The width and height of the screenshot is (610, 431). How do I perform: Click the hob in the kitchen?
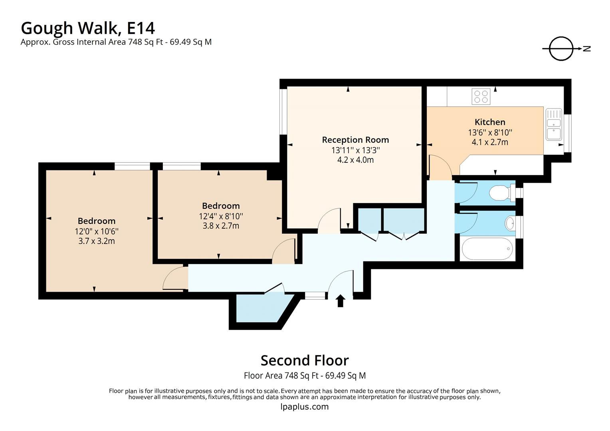tap(481, 96)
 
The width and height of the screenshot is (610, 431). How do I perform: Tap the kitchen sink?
tap(554, 125)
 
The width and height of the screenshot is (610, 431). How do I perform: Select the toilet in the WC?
tap(501, 193)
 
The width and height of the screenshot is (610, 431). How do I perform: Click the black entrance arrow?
tap(340, 301)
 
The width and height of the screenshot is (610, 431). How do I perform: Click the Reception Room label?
tap(355, 140)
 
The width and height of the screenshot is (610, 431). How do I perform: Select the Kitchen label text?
tap(490, 122)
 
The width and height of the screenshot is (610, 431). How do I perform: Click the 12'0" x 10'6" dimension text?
tap(97, 231)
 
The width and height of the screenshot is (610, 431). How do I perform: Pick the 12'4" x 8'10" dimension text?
tap(221, 216)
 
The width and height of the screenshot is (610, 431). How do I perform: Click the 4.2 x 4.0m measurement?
tap(355, 160)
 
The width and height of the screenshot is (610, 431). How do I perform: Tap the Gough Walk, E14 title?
tap(88, 28)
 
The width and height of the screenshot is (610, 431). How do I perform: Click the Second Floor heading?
tap(305, 360)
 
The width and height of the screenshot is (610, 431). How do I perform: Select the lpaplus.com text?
tap(305, 407)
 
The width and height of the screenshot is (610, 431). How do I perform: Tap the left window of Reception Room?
tap(283, 112)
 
